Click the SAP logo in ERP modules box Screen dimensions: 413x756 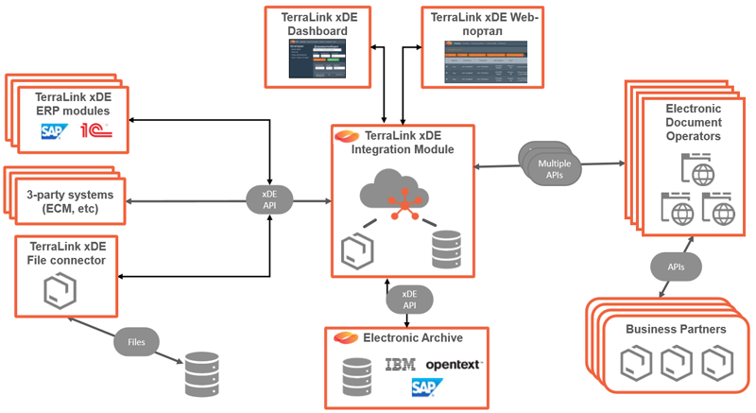(x=53, y=133)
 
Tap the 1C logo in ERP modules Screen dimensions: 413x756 (x=95, y=133)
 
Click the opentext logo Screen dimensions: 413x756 (x=454, y=364)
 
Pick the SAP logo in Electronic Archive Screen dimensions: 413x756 (x=421, y=387)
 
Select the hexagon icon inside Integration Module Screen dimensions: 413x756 (x=358, y=250)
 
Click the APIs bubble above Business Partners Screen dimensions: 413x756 (x=678, y=266)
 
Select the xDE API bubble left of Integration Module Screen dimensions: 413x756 (x=269, y=199)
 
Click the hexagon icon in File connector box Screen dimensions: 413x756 (x=59, y=293)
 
